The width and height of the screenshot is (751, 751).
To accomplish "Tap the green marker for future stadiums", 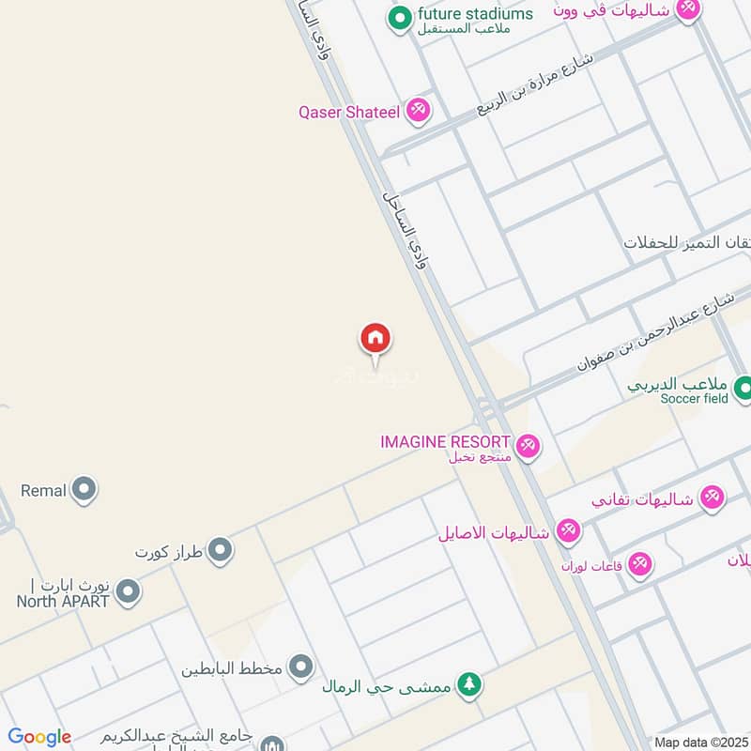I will pyautogui.click(x=401, y=17).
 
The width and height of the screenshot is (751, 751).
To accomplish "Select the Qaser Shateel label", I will pyautogui.click(x=349, y=113).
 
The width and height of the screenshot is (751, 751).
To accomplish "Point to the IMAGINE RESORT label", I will pyautogui.click(x=445, y=441).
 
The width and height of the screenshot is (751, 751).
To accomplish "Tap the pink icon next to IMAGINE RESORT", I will pyautogui.click(x=528, y=446).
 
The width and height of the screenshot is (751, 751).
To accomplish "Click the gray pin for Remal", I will pyautogui.click(x=84, y=489).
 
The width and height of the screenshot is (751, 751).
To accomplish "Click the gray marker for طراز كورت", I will pyautogui.click(x=220, y=550).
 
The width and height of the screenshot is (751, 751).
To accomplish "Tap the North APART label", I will pyautogui.click(x=63, y=601).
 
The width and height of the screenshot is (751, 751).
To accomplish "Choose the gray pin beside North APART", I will pyautogui.click(x=129, y=592).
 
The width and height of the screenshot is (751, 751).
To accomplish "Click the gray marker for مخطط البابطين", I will pyautogui.click(x=300, y=667).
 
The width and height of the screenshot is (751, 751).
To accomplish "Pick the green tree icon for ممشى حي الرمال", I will pyautogui.click(x=469, y=684).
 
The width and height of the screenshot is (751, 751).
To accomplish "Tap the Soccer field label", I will pyautogui.click(x=694, y=398).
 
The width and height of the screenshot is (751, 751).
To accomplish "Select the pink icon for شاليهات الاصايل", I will pyautogui.click(x=568, y=531).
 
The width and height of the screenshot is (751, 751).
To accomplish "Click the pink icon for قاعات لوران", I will pyautogui.click(x=641, y=564).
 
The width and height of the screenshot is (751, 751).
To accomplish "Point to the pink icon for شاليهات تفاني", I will pyautogui.click(x=713, y=498).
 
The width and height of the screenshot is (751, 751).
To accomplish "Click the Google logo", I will pyautogui.click(x=39, y=737).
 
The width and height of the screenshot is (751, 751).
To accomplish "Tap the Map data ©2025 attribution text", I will pyautogui.click(x=699, y=742).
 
